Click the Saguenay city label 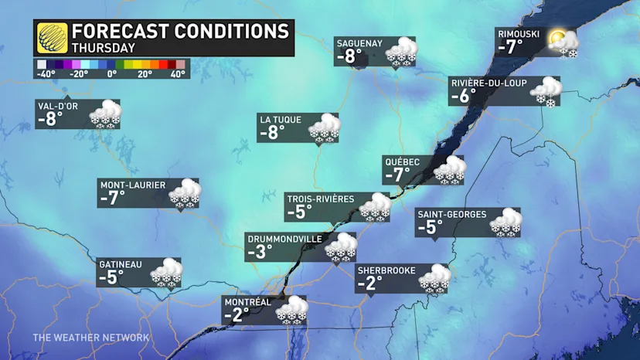pos(359,43)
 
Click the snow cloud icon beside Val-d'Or pos(106,114)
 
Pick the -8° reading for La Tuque pos(273,133)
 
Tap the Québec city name pos(402,161)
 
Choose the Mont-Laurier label pos(134,185)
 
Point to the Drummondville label pos(284,239)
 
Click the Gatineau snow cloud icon pos(165,273)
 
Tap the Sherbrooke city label pos(386,270)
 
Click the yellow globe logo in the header pos(52,38)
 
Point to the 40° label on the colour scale pos(178,74)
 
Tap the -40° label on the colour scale pos(46,74)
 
